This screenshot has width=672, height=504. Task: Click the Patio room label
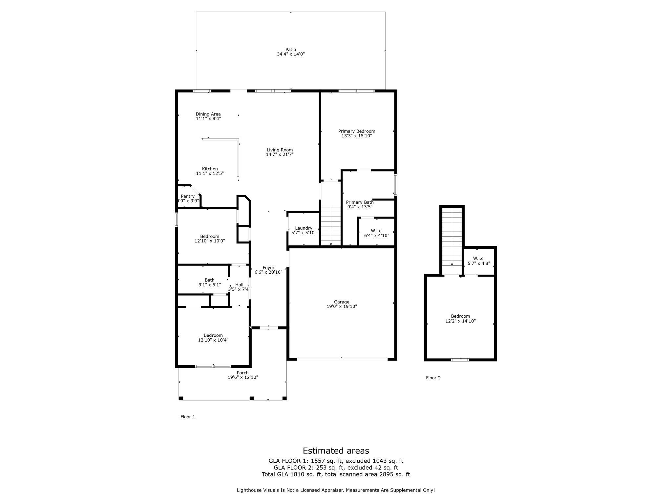click(291, 50)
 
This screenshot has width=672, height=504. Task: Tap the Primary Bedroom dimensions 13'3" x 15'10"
click(357, 136)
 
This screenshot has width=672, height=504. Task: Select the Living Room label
click(280, 150)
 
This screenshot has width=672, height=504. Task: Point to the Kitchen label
click(210, 169)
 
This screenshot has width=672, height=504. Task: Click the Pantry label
click(188, 196)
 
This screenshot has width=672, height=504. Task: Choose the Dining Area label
click(208, 114)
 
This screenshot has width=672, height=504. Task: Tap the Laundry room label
click(304, 228)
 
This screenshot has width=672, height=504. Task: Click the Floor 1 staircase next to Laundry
click(331, 226)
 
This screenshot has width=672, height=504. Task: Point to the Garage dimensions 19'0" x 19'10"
click(342, 306)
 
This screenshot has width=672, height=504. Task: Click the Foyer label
click(268, 268)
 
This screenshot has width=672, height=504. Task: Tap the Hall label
click(239, 285)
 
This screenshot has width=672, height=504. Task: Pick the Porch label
click(243, 373)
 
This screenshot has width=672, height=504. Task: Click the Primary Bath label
click(360, 202)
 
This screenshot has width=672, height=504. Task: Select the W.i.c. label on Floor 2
click(479, 259)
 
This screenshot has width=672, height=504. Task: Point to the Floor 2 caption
click(433, 378)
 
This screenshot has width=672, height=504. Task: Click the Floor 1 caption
click(188, 417)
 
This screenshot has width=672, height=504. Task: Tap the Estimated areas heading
click(336, 451)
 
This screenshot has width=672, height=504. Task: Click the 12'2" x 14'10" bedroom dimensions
click(460, 321)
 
